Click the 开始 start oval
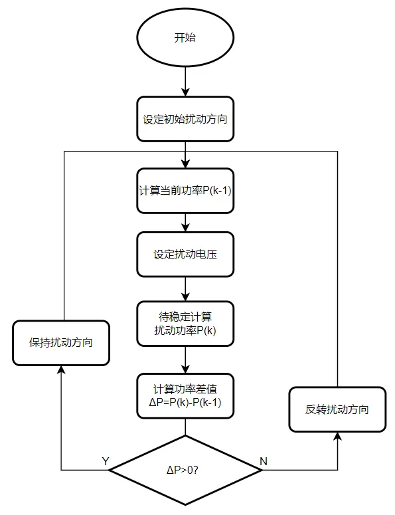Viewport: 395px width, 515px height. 185,38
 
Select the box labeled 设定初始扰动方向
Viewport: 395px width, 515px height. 185,120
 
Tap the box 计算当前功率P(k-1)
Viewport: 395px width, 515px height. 185,191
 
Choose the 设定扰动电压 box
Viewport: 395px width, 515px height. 185,255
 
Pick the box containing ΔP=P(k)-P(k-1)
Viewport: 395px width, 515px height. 185,397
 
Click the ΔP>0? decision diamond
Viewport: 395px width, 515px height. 185,470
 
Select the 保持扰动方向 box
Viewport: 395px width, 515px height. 61,343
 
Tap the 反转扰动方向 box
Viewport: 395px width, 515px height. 337,409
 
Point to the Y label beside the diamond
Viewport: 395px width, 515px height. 105,461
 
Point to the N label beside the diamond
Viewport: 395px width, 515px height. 264,461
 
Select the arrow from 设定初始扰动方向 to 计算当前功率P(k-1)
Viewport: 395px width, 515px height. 185,154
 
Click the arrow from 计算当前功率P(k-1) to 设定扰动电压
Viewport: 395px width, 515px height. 185,223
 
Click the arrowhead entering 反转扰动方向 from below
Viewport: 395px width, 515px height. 337,437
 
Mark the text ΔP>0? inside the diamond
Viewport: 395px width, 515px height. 185,470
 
